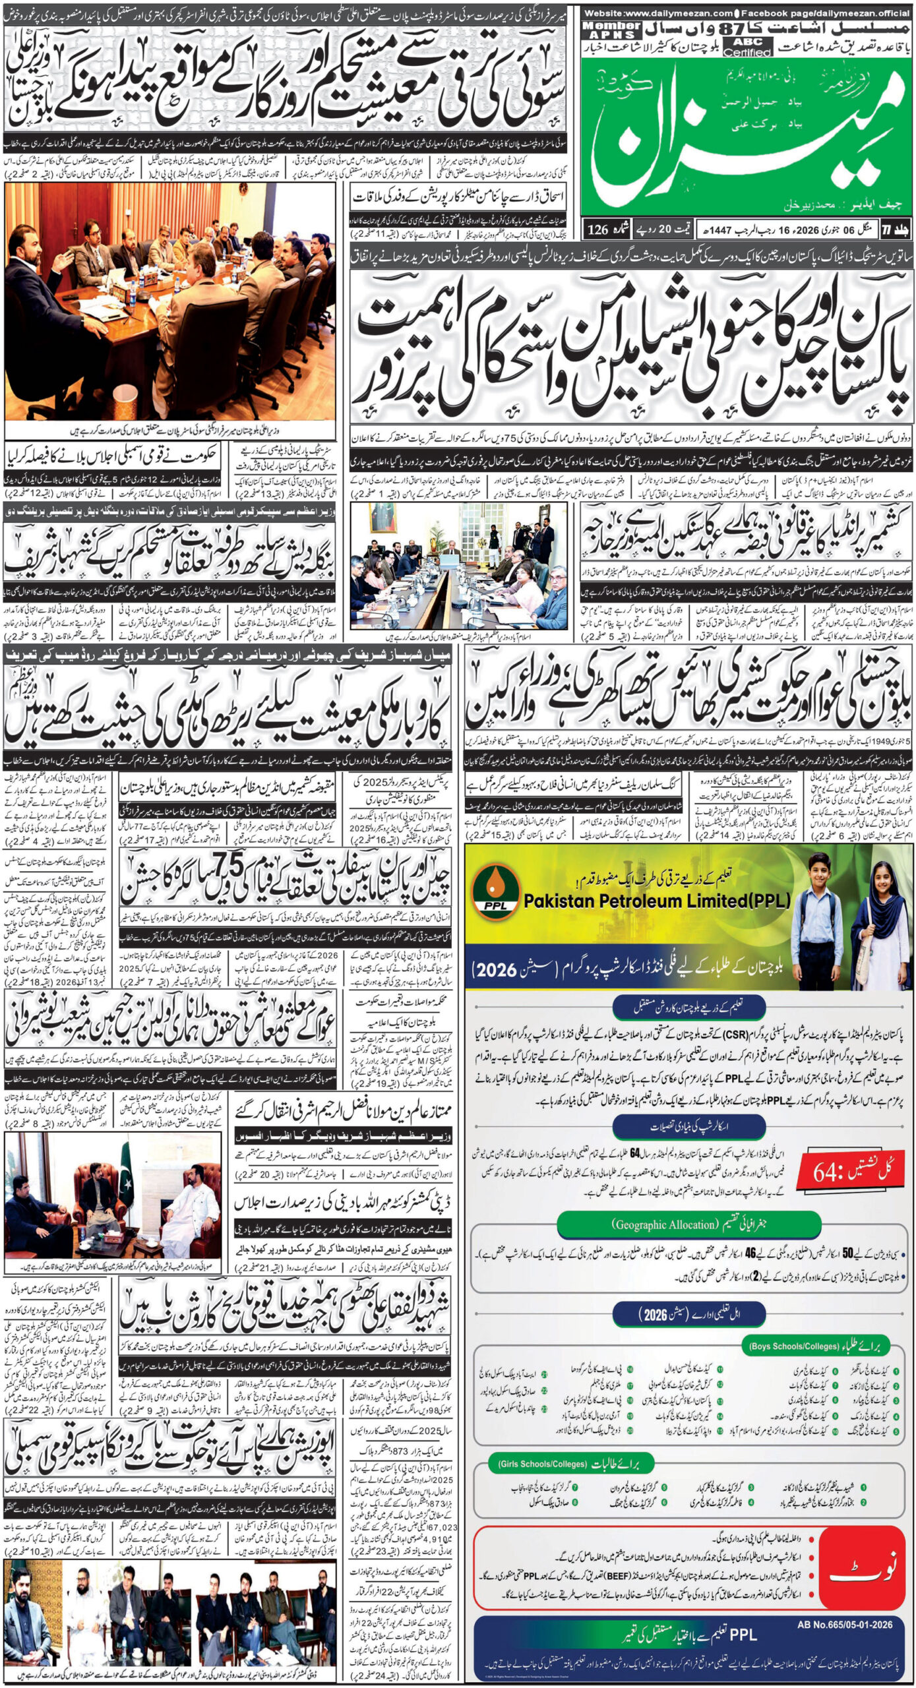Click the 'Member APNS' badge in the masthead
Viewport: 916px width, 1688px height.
coord(611,30)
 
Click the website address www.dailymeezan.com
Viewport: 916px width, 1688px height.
coord(659,13)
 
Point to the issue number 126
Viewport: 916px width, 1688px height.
coord(597,230)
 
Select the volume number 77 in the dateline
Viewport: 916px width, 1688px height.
coord(903,230)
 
